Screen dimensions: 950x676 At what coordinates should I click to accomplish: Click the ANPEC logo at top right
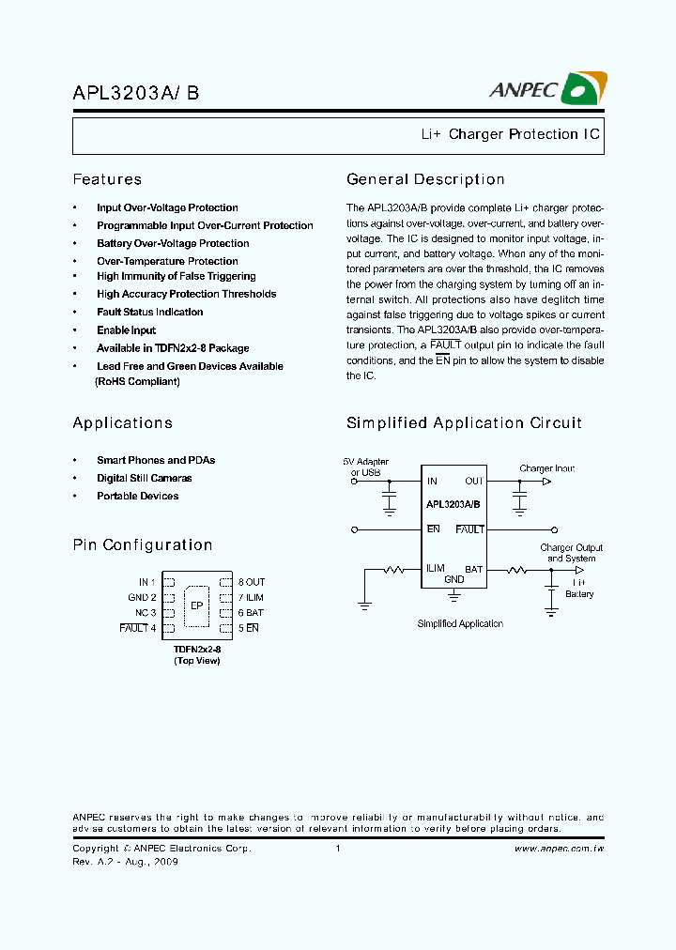coord(547,89)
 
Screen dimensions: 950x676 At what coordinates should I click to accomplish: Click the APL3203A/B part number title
coord(135,93)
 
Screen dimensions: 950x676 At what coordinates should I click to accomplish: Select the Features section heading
coord(107,179)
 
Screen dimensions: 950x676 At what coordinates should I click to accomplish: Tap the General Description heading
coord(425,179)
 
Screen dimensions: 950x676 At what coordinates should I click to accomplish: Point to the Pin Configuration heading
coord(143,544)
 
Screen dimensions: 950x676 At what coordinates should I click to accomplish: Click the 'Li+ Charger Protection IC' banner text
coord(511,134)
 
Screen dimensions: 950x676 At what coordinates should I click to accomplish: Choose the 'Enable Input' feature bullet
coord(126,330)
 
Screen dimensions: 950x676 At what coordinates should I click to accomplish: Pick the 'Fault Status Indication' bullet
coord(149,312)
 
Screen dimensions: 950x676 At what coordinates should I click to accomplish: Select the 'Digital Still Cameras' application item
coord(144,478)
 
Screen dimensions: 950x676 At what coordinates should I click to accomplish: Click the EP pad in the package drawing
coord(197,605)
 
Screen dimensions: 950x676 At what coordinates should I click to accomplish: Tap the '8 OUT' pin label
coord(252,582)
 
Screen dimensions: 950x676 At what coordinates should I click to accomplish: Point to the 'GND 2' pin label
coord(142,597)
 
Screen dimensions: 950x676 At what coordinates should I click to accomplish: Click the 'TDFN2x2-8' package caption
coord(197,649)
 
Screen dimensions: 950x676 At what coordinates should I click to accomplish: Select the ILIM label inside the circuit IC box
coord(436,568)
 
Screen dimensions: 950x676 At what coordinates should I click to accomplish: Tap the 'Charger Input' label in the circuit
coord(546,468)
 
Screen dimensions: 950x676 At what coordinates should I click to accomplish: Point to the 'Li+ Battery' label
coord(579,589)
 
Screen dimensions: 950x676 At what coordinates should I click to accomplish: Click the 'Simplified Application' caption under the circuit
coord(460,623)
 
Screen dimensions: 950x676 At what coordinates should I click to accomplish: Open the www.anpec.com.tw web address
coord(559,849)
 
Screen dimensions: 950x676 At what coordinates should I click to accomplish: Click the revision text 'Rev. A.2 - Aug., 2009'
coord(125,862)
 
